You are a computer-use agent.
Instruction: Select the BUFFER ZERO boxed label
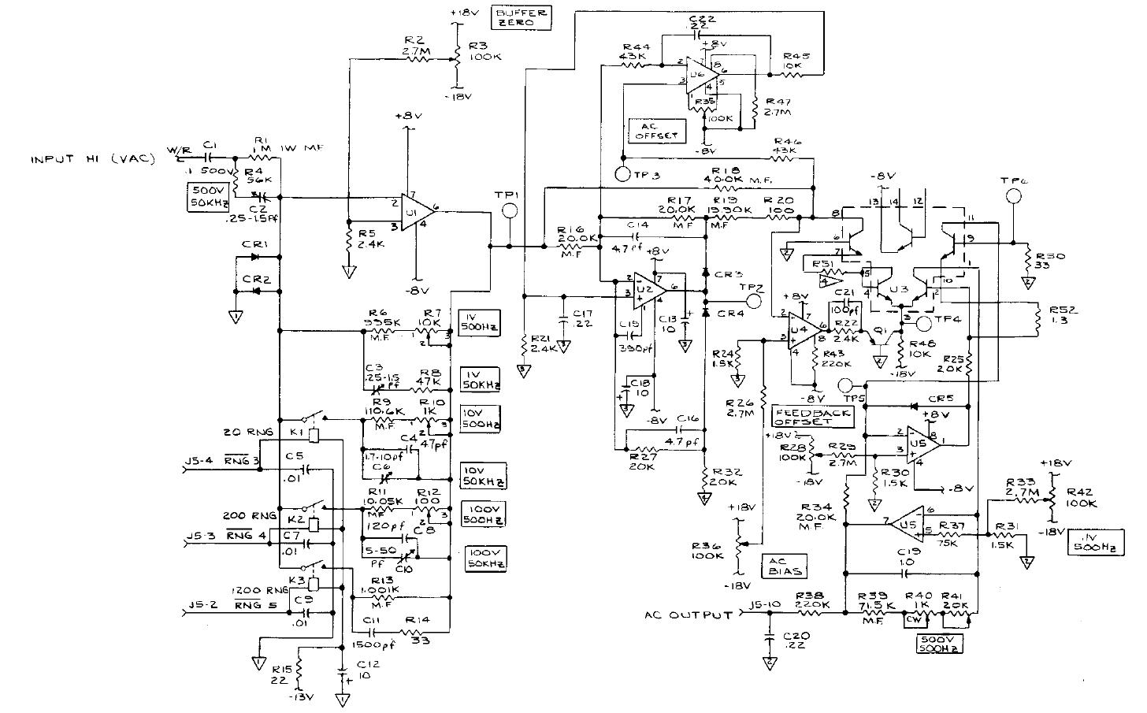click(521, 17)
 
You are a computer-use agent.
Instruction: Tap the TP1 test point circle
click(510, 210)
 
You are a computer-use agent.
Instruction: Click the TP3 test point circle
click(621, 173)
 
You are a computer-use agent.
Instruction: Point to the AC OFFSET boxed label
click(655, 131)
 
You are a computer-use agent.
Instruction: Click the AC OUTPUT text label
click(688, 615)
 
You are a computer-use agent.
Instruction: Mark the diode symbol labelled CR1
click(254, 257)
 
